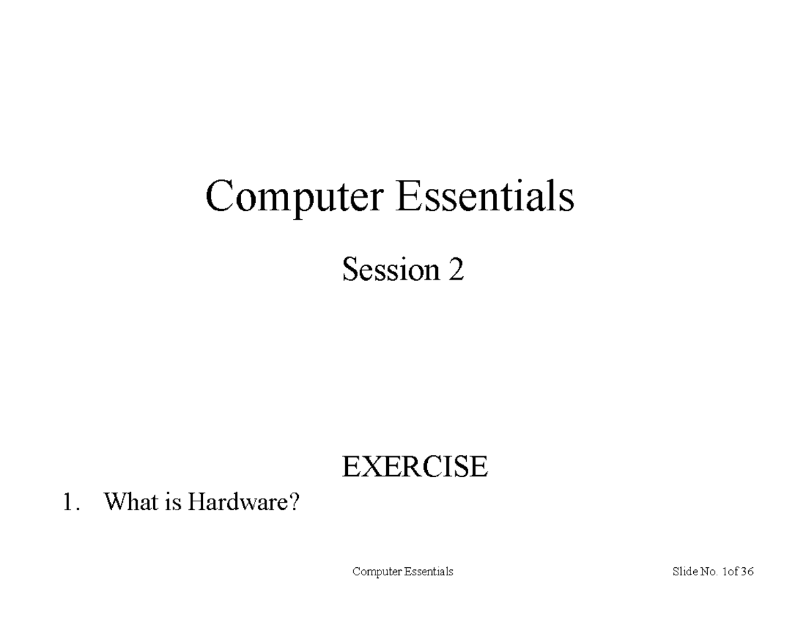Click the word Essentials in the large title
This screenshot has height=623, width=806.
point(485,197)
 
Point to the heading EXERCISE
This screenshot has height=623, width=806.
point(414,466)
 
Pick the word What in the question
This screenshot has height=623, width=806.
point(131,502)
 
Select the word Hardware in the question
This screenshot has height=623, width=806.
point(235,502)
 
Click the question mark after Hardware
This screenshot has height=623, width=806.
point(292,502)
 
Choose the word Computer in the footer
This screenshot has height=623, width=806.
point(376,572)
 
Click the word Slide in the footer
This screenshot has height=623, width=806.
point(684,572)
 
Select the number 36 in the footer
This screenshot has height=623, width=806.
point(747,572)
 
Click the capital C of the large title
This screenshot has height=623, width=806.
point(219,197)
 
